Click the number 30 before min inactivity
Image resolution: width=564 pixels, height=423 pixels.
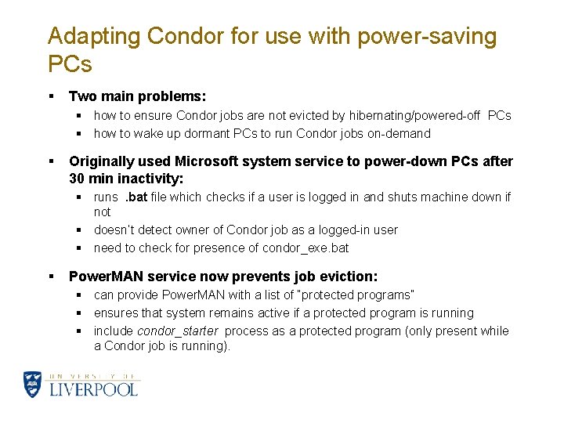tap(78, 179)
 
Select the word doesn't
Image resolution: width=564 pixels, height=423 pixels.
tap(116, 230)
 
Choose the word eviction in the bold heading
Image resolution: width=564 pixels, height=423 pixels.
tap(349, 277)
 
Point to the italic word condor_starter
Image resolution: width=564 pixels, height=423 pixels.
tap(178, 331)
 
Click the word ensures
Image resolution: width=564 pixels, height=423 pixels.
tap(116, 313)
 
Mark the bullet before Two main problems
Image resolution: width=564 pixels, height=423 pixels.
tap(51, 96)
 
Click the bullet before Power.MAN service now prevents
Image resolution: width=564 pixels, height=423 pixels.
tap(51, 277)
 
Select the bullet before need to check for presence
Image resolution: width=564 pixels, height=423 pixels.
tap(79, 248)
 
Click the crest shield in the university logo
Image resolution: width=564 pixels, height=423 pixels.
tap(33, 385)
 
